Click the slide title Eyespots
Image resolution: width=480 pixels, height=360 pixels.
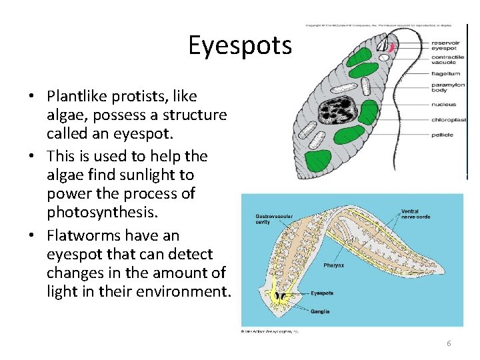tap(240, 45)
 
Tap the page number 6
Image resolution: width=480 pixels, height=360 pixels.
tap(449, 343)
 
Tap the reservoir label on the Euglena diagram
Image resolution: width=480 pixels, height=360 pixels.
tap(443, 41)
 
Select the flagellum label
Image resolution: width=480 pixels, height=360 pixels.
tap(445, 73)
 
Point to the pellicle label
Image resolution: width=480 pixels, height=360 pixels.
tap(441, 135)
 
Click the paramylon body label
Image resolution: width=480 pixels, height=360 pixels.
tap(447, 87)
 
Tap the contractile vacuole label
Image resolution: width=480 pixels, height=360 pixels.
tap(447, 61)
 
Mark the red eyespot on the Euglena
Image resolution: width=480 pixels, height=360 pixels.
tap(392, 48)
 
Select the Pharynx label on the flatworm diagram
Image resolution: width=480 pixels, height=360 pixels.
tap(333, 265)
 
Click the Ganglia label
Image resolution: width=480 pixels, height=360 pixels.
tap(320, 311)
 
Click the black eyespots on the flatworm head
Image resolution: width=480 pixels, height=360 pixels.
tap(280, 295)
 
